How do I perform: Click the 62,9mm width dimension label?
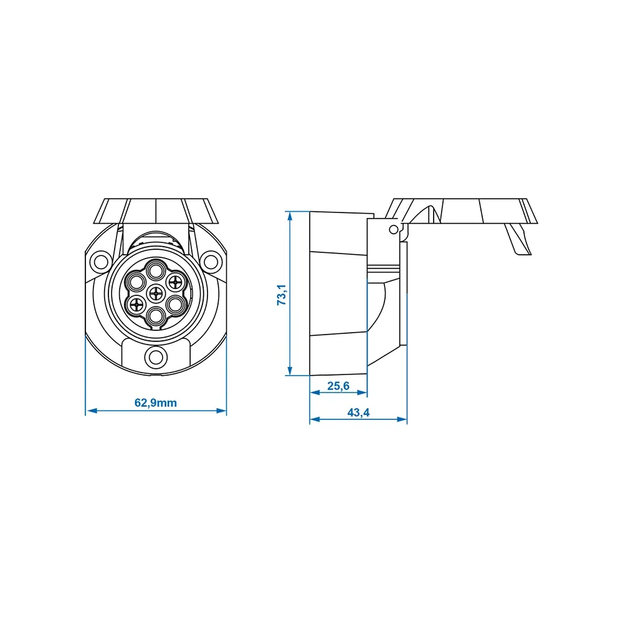click(x=155, y=403)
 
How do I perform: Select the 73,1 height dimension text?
click(x=282, y=295)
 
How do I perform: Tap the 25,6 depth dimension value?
click(x=338, y=386)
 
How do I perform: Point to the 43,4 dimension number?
click(x=358, y=412)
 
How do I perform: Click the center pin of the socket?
click(x=156, y=294)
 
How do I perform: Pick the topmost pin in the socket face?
click(x=155, y=272)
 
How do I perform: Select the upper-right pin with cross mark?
click(x=175, y=282)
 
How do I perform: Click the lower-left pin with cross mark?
click(x=136, y=305)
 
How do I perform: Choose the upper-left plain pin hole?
click(x=136, y=282)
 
